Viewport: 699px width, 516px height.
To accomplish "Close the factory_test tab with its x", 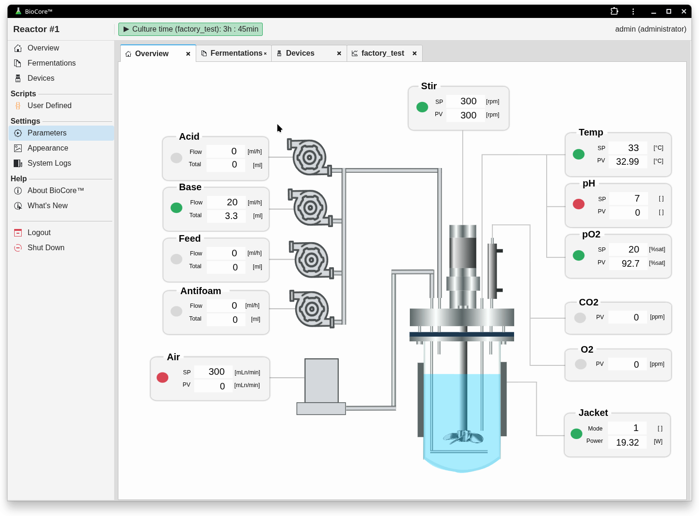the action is pyautogui.click(x=415, y=53).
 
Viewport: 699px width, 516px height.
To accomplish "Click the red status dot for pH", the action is pyautogui.click(x=579, y=204).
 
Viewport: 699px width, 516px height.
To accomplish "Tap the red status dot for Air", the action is pyautogui.click(x=162, y=378).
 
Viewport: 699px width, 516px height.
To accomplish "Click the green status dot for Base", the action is pyautogui.click(x=176, y=208).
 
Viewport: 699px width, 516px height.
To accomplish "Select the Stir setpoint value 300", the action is pyautogui.click(x=468, y=101).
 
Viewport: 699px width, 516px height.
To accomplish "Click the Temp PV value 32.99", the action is pyautogui.click(x=627, y=161).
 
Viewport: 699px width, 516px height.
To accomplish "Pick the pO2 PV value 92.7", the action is pyautogui.click(x=630, y=263).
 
